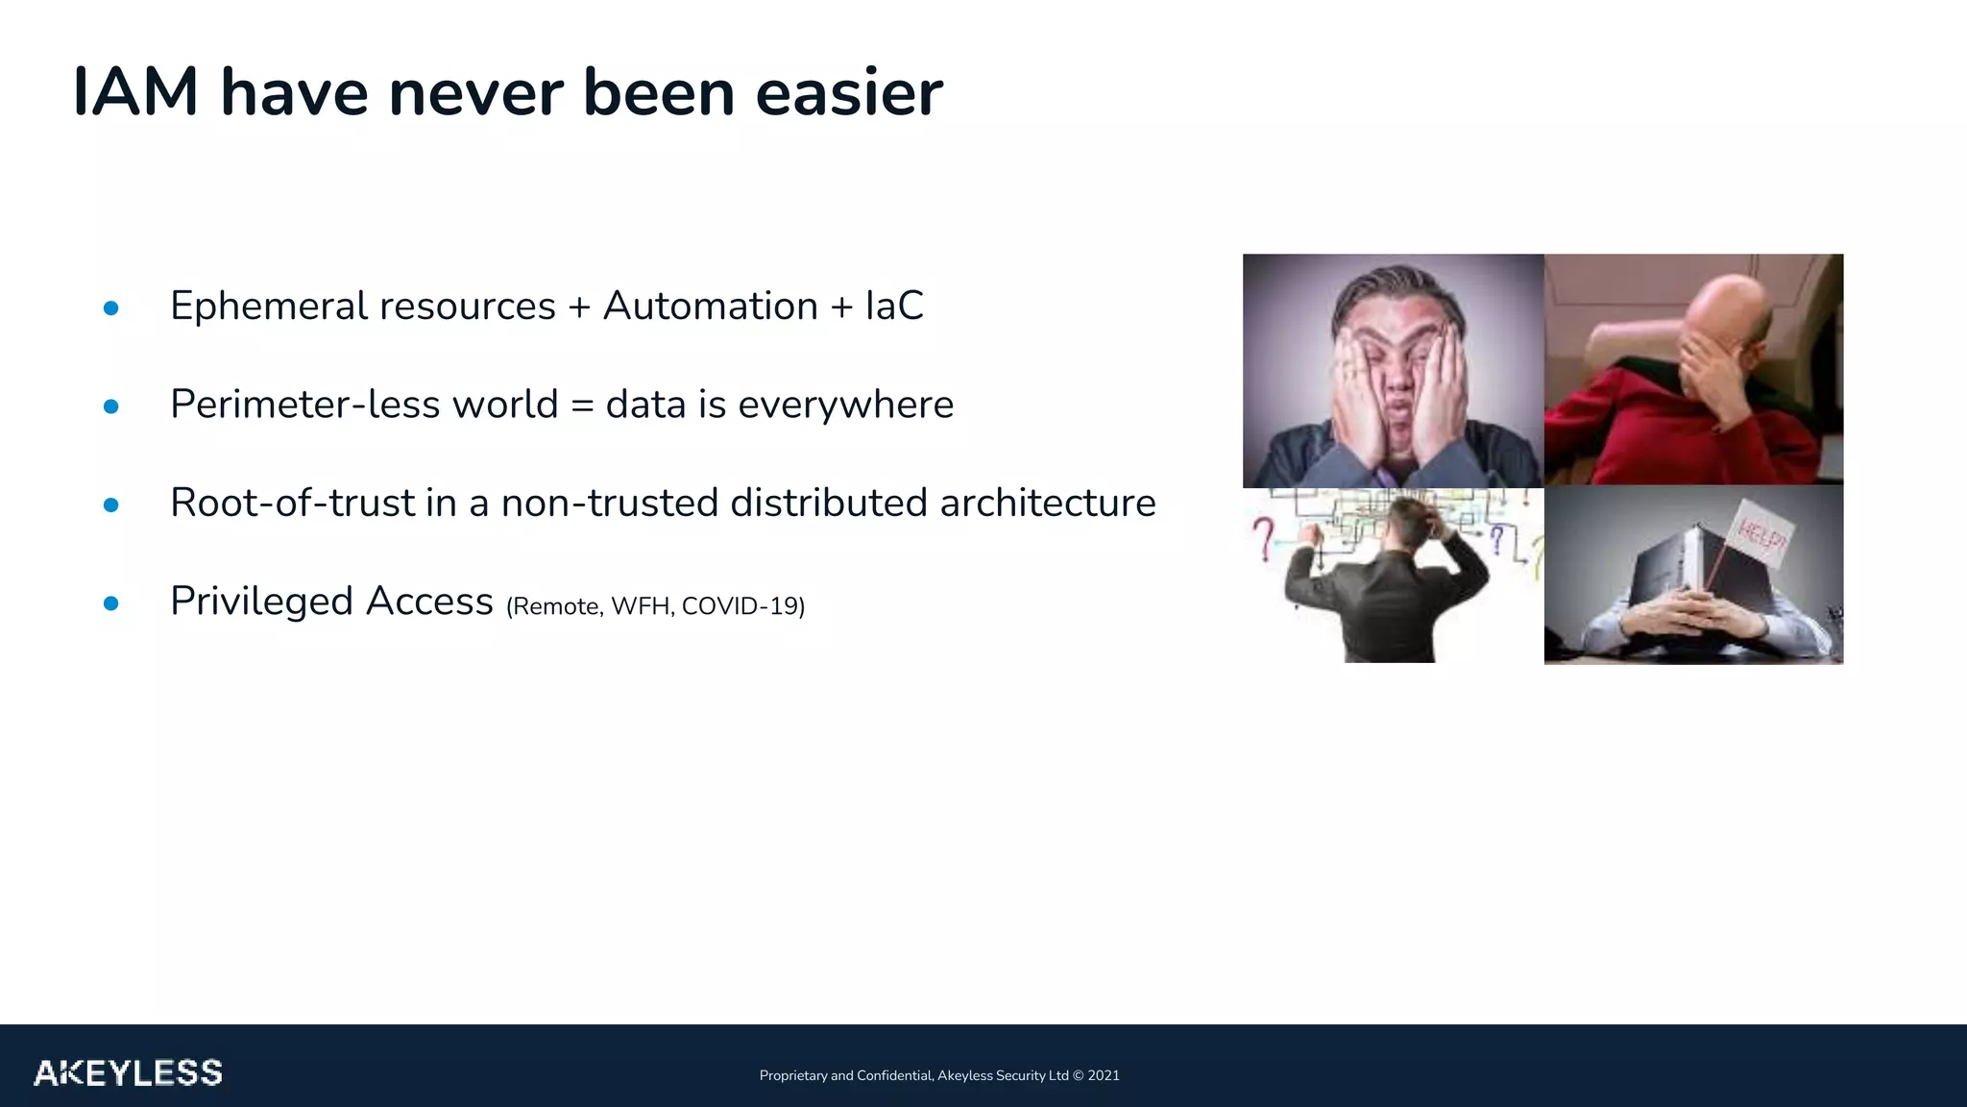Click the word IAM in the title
(135, 93)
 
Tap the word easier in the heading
(849, 93)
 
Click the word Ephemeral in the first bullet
(268, 307)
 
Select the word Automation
(710, 307)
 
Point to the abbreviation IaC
(894, 307)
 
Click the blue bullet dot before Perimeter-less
(110, 406)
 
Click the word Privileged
(262, 603)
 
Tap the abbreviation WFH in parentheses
(641, 606)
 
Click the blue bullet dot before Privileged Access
(110, 603)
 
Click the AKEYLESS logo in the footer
(128, 1072)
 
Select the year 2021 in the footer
(1104, 1075)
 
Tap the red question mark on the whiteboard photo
(1264, 538)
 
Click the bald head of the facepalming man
(1719, 307)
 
